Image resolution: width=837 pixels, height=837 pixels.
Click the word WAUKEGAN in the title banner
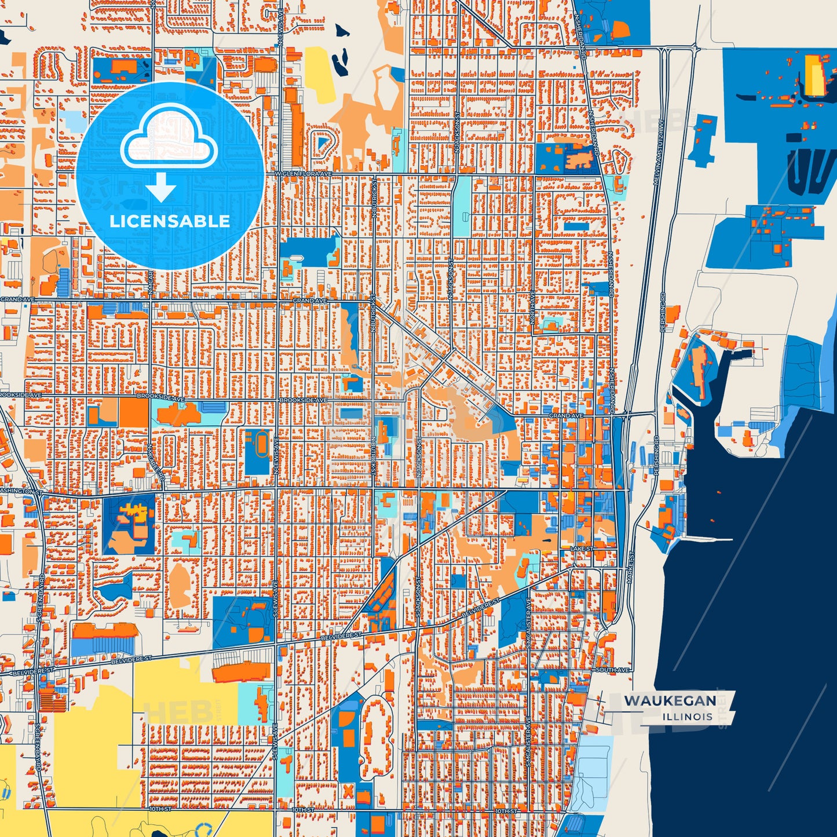pos(670,701)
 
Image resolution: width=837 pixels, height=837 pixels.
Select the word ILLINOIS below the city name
pos(688,717)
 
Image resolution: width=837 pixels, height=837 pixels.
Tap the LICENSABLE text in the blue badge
pos(170,221)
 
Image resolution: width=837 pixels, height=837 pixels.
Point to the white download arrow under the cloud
pos(161,188)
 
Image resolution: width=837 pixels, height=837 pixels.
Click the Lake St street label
pos(582,548)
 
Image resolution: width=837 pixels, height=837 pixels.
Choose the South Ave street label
pos(612,670)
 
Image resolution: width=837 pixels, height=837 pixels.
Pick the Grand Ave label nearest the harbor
pos(565,416)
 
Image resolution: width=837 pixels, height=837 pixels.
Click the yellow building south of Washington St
pos(135,513)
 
